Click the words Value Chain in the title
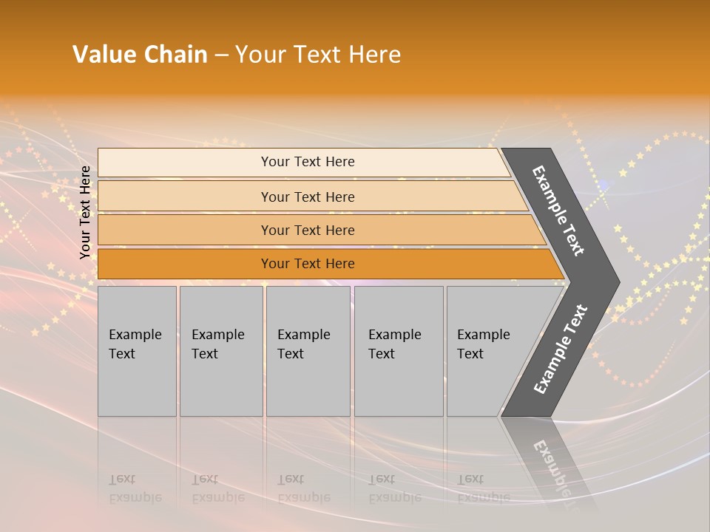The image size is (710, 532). (140, 55)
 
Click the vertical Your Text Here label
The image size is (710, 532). (85, 212)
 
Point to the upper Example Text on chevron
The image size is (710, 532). (558, 211)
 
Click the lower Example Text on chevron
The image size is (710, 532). (560, 349)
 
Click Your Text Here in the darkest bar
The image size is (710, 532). (308, 264)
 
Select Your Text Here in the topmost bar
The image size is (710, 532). (308, 162)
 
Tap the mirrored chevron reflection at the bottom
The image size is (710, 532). (551, 462)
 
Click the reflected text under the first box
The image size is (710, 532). (135, 488)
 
